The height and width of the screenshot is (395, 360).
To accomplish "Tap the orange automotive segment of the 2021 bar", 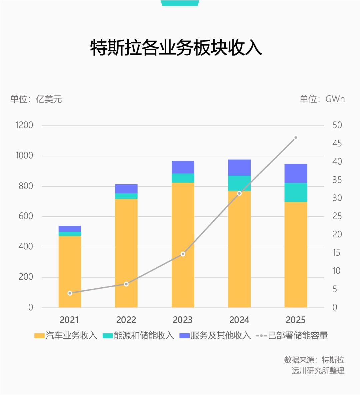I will [70, 271].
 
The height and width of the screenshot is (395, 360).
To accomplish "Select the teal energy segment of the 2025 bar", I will [296, 192].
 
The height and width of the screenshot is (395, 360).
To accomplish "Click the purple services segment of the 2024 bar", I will [239, 167].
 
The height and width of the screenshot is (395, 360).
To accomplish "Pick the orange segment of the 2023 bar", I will [183, 245].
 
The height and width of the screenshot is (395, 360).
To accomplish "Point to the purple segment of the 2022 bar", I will [126, 189].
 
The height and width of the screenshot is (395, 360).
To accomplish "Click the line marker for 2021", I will [70, 293].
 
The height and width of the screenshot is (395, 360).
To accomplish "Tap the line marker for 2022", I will [126, 284].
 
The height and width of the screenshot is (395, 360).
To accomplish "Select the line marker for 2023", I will [183, 254].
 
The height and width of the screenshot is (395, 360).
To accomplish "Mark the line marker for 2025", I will [295, 137].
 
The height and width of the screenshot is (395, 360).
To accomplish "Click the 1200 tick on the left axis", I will [24, 125].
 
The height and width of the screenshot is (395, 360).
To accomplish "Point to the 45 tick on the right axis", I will [337, 143].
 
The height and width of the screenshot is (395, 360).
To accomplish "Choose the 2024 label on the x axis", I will [239, 320].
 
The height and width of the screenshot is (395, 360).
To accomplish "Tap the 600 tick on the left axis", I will [25, 216].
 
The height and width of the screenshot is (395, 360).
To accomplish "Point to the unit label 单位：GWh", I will [322, 99].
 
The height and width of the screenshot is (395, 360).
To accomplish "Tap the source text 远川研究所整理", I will [318, 370].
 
